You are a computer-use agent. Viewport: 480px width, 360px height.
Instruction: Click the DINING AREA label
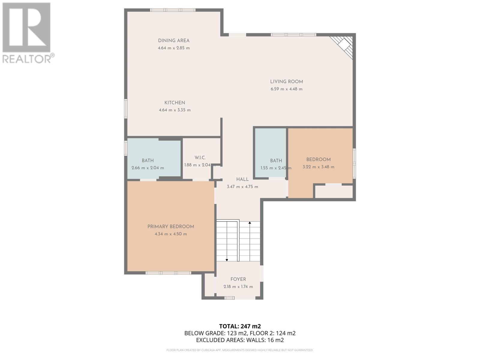[174, 40]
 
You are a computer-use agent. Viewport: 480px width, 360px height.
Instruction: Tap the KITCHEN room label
[175, 103]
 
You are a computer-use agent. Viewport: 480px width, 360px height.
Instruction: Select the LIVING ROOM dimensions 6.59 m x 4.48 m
[286, 89]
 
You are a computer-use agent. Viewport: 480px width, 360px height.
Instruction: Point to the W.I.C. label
[200, 158]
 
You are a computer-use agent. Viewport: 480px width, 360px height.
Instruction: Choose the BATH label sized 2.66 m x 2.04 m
[148, 161]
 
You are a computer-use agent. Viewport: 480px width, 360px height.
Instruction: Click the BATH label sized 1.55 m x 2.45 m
[276, 161]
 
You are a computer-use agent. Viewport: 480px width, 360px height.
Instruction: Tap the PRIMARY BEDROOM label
[171, 227]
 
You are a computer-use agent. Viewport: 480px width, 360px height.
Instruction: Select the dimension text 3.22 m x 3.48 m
[318, 167]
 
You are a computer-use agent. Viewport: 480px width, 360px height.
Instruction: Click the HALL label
[242, 179]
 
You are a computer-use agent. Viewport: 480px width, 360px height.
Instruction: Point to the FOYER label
[238, 279]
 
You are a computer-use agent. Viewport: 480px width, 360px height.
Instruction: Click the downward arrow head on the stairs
[227, 260]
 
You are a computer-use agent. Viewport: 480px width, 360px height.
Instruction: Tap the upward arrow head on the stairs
[250, 223]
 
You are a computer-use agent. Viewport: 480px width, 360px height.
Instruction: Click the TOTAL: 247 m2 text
[240, 326]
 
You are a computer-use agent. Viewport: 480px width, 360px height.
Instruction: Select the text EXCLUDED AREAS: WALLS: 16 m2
[240, 340]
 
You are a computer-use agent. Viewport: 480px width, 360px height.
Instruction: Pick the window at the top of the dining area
[173, 10]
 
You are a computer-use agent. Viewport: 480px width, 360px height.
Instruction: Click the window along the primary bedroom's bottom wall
[168, 273]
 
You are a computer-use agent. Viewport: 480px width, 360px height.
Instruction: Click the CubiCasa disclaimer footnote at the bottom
[240, 350]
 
